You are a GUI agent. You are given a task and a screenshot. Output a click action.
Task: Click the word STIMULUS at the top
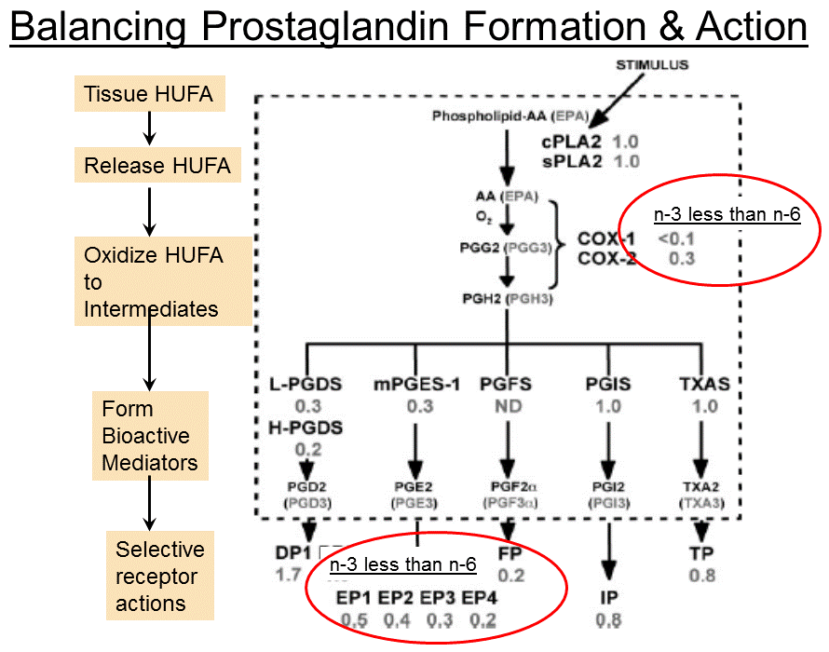tap(651, 64)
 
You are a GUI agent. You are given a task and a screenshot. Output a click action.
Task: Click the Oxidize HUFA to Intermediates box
tap(163, 281)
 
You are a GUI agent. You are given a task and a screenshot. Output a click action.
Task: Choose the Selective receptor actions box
tap(159, 576)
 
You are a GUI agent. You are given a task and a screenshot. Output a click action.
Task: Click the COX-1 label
tap(606, 238)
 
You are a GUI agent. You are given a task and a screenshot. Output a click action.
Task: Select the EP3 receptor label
tap(441, 597)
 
